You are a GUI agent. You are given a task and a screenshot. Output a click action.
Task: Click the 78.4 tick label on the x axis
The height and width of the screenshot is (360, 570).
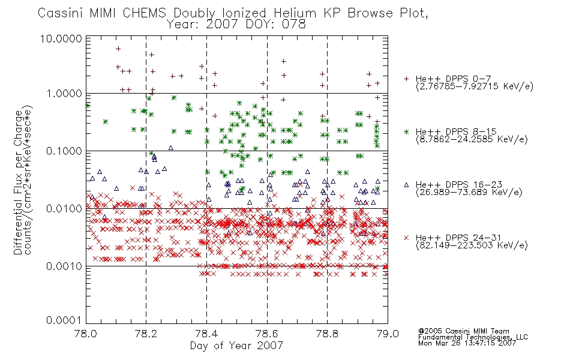coord(206,334)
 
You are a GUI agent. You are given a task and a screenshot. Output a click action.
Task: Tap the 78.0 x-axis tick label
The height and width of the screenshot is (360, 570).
coord(85,334)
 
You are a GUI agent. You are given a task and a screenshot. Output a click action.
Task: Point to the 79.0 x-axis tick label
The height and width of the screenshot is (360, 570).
coord(388,334)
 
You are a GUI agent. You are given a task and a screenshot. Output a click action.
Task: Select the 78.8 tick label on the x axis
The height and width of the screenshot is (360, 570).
coord(327,334)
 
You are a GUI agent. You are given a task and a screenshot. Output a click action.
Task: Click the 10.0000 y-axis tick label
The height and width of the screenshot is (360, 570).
coord(61,38)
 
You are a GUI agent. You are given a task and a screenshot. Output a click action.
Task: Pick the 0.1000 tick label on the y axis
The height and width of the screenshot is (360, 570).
coord(64,151)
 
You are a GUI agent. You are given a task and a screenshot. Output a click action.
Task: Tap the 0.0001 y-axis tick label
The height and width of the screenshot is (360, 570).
coord(64,320)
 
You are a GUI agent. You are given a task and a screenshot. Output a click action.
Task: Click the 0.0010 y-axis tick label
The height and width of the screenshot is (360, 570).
coord(64,266)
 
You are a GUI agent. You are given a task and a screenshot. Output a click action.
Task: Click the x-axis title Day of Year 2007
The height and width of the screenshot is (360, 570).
coord(236,346)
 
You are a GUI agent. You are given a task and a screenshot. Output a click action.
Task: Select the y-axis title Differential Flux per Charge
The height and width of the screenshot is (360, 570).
coord(19,182)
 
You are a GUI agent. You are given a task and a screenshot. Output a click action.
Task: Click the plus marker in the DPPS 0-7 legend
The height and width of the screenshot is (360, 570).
coord(406,79)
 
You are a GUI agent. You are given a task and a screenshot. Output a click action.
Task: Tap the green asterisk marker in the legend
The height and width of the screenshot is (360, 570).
coord(406,131)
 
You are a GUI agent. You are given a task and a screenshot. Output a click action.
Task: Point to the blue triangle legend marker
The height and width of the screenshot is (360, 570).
coord(406,185)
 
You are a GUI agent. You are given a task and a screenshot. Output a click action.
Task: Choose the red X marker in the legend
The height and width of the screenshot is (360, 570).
coord(406,238)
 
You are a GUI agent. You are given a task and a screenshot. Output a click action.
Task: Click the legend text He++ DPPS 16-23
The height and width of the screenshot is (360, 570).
coord(459,185)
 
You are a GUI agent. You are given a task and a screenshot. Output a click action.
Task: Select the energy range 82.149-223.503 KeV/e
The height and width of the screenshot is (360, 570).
coord(472,245)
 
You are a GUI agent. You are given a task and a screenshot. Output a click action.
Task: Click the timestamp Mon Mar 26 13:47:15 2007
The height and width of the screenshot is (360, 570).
coord(467,343)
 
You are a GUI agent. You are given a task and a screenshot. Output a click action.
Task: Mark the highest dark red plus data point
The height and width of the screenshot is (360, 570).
coord(118,49)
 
